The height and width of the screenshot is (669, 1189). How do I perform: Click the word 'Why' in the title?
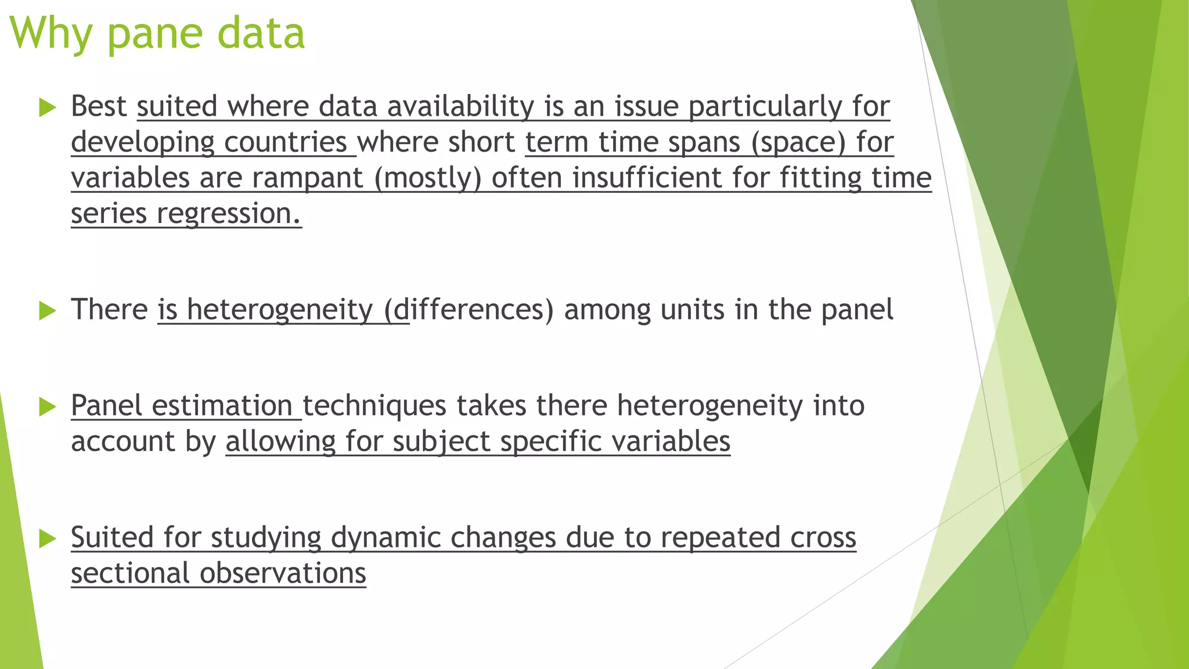point(51,34)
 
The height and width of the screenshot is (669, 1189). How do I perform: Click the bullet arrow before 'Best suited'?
point(47,107)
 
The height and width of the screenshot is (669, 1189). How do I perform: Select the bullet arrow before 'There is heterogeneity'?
point(47,311)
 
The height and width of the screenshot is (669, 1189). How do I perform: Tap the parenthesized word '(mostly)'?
point(428,178)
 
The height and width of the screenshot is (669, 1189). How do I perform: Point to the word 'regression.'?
point(229,214)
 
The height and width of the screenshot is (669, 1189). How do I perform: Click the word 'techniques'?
point(374,405)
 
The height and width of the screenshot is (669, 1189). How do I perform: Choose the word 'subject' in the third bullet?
point(441,441)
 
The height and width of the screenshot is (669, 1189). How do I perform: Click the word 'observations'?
point(283,573)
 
